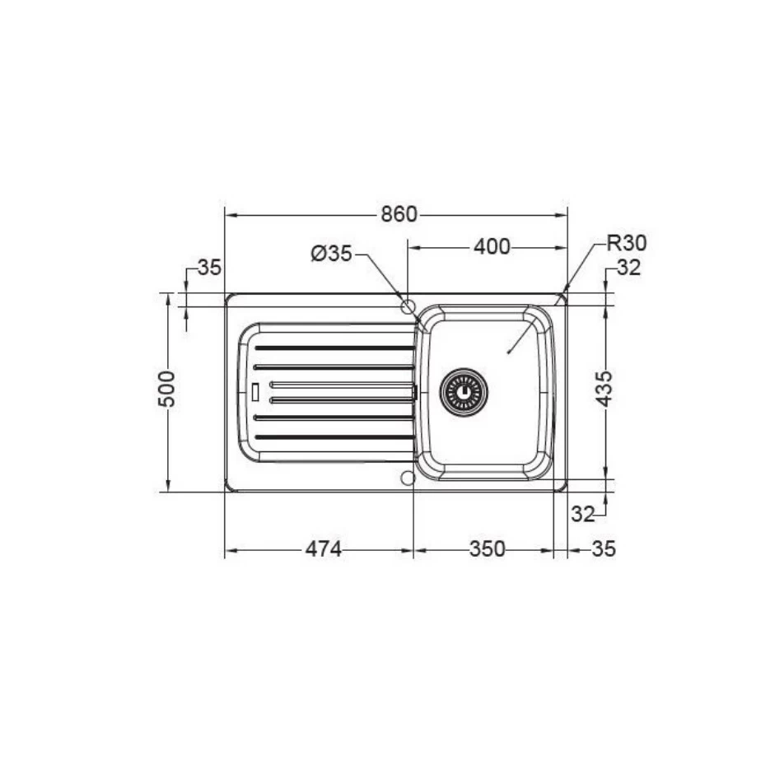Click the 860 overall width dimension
click(x=399, y=215)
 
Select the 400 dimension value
click(x=492, y=246)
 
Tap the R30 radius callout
click(x=627, y=243)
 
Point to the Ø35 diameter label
click(x=332, y=254)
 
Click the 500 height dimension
click(x=166, y=389)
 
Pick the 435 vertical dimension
click(x=604, y=389)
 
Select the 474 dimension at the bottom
click(x=323, y=549)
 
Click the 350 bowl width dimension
click(x=488, y=549)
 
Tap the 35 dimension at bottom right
click(x=604, y=549)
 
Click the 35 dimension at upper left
click(x=209, y=268)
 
